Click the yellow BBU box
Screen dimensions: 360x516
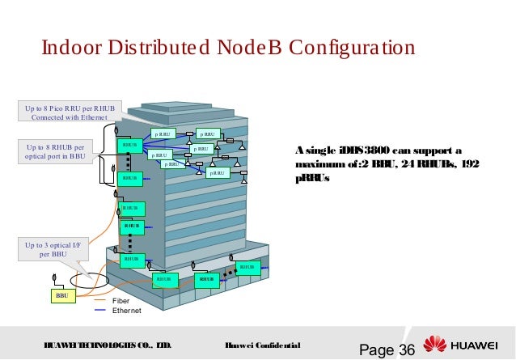point(61,296)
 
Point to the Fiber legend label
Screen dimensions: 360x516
point(121,301)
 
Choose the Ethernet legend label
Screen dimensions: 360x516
point(126,311)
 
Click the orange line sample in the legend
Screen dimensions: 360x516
point(100,301)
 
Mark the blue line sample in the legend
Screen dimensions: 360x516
point(100,311)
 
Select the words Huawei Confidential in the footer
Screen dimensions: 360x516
point(264,346)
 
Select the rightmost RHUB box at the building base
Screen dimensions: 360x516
point(247,267)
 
